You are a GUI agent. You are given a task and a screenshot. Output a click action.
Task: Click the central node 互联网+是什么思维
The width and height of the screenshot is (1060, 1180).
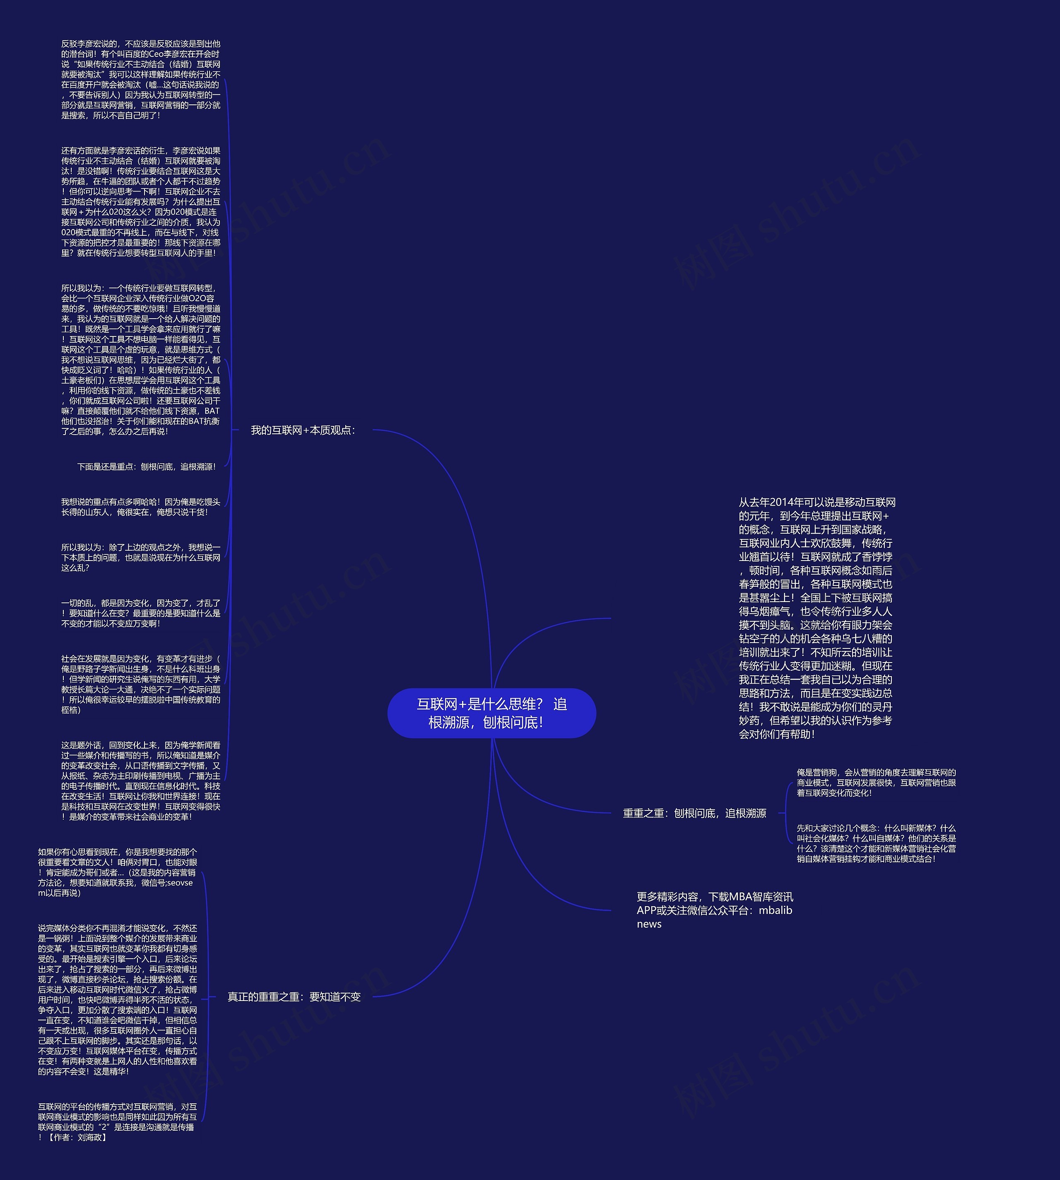click(491, 713)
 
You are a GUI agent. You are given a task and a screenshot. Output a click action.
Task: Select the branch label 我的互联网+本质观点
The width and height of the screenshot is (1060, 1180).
click(303, 430)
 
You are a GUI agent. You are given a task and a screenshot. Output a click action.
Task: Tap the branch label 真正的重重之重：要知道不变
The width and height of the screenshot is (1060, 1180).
click(294, 997)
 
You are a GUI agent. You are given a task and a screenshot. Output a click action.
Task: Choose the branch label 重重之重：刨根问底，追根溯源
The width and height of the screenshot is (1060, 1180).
click(694, 813)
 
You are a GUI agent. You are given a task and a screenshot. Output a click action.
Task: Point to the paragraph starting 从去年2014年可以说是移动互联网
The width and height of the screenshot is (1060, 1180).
click(817, 618)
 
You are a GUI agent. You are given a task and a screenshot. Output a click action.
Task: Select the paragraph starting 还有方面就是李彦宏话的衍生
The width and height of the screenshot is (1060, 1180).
click(141, 202)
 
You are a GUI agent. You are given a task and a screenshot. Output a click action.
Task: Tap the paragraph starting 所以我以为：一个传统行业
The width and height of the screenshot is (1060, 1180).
click(141, 360)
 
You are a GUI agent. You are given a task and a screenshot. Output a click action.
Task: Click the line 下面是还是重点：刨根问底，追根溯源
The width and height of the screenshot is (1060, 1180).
click(146, 467)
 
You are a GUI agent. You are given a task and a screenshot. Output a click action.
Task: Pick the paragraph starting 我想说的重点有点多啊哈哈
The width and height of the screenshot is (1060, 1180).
click(141, 507)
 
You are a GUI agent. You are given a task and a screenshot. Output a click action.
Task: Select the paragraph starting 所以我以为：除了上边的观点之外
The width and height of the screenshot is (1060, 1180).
click(141, 558)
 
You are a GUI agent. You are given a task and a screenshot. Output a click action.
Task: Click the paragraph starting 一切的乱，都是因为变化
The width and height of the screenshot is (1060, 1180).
click(141, 613)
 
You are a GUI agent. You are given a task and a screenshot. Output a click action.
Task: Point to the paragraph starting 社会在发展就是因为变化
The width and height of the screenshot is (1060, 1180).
click(141, 684)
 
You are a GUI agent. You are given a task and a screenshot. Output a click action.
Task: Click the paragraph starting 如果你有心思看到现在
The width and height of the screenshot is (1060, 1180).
click(118, 872)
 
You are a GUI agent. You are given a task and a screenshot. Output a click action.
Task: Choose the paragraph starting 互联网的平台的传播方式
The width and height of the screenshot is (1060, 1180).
click(118, 1122)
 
